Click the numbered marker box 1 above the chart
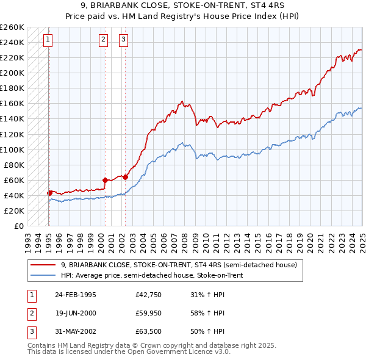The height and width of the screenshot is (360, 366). pyautogui.click(x=48, y=40)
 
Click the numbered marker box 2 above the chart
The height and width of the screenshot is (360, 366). pyautogui.click(x=104, y=40)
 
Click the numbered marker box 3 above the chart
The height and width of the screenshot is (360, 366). pyautogui.click(x=124, y=40)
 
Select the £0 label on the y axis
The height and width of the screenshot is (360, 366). pyautogui.click(x=19, y=226)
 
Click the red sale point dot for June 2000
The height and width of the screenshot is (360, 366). pyautogui.click(x=105, y=180)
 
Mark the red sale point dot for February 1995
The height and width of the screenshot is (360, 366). pyautogui.click(x=49, y=193)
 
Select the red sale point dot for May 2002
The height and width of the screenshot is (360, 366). pyautogui.click(x=125, y=177)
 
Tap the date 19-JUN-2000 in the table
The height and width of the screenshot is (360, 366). pyautogui.click(x=76, y=313)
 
